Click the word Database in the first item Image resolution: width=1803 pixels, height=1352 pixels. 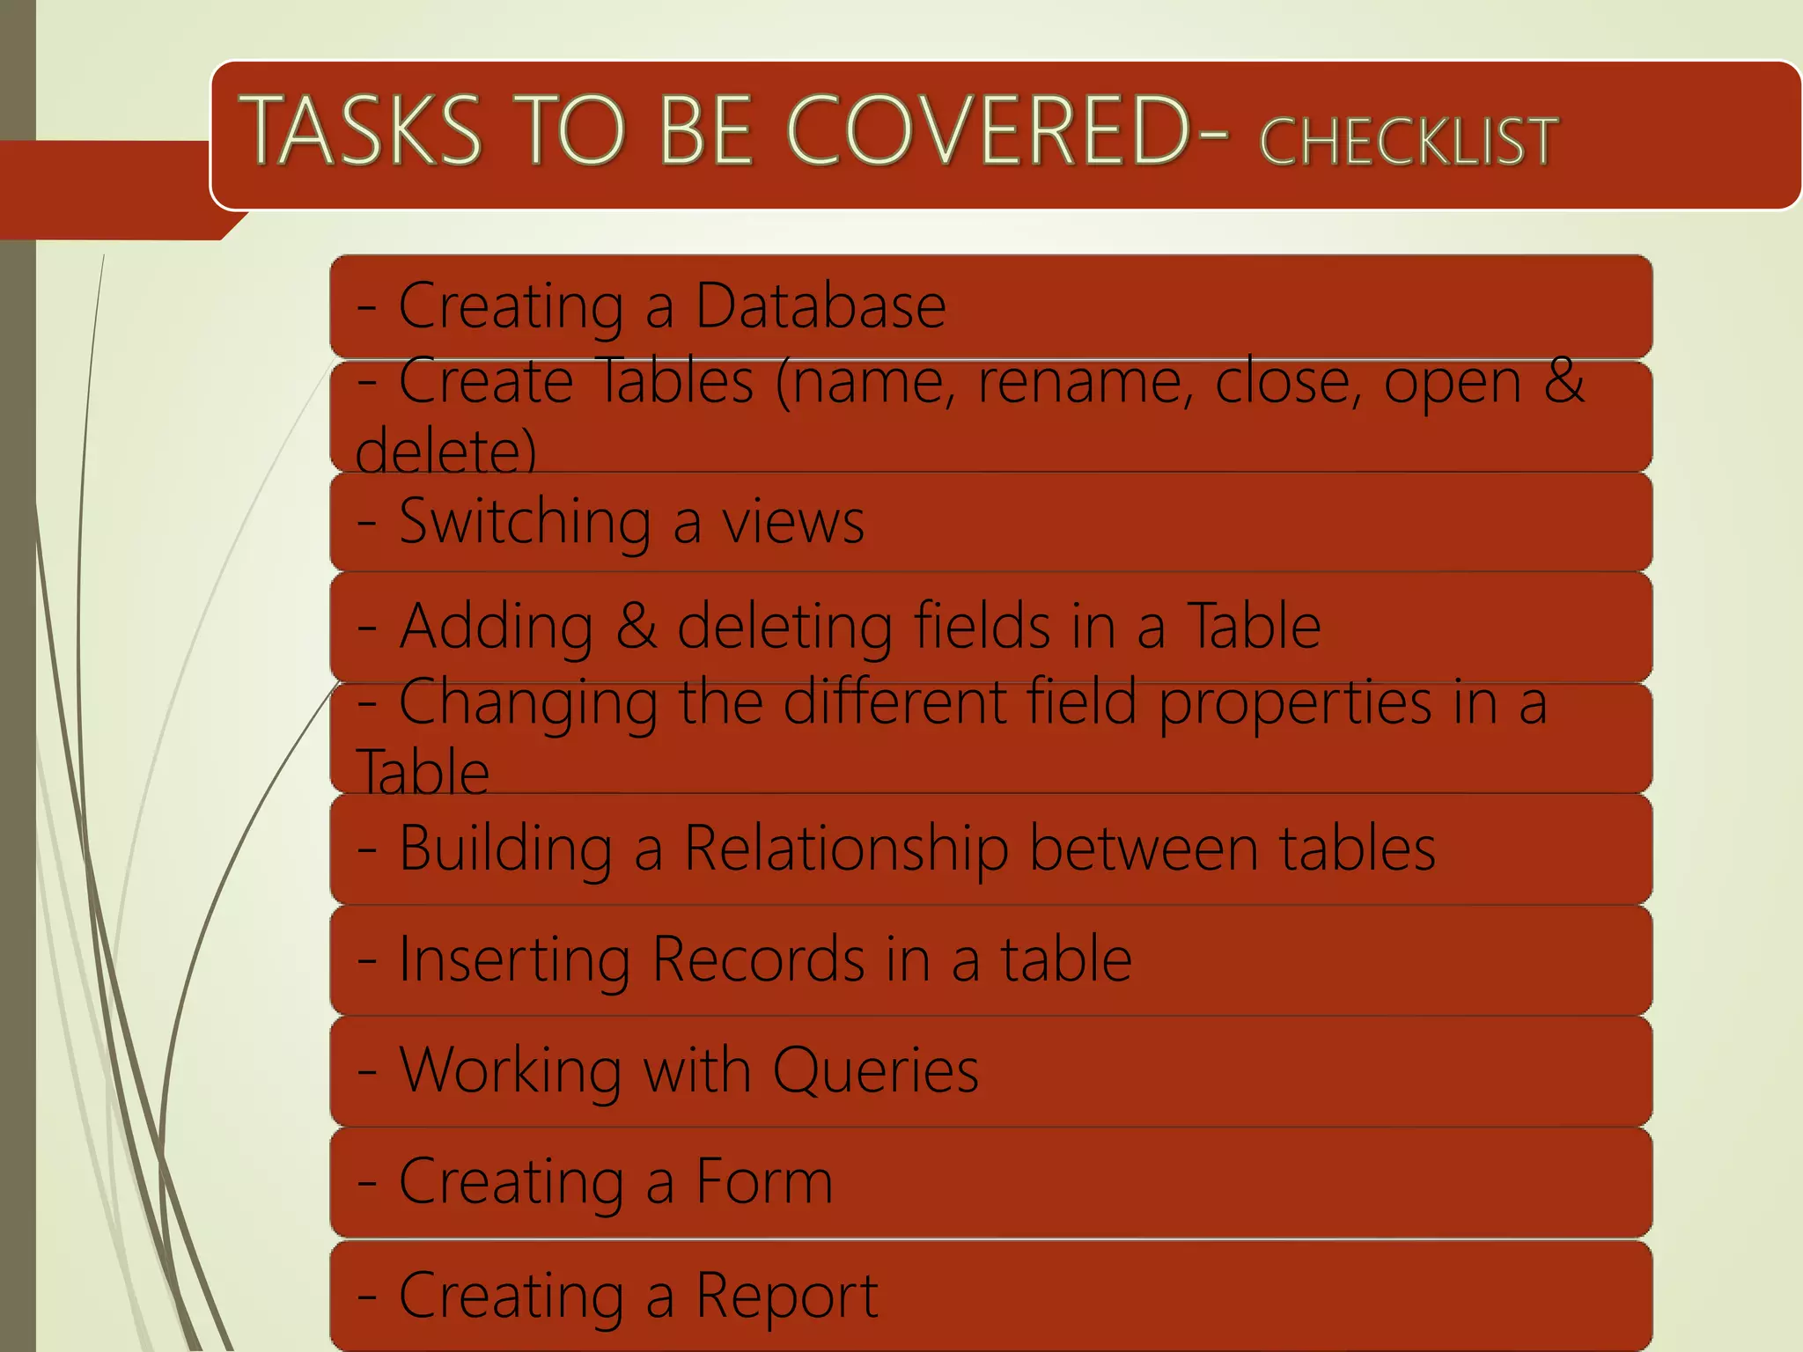(x=821, y=306)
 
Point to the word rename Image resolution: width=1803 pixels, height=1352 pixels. (x=1084, y=382)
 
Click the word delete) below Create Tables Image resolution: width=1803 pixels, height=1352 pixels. (x=445, y=451)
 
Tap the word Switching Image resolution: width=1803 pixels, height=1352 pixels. (x=525, y=522)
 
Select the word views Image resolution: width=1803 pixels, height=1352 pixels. (x=793, y=522)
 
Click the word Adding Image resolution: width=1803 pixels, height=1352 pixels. (x=497, y=627)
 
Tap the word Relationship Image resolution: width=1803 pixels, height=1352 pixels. (x=846, y=849)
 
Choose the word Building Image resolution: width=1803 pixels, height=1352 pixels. (x=505, y=849)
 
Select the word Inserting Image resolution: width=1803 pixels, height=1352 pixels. (x=514, y=959)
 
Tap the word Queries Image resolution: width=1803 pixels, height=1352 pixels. (x=875, y=1071)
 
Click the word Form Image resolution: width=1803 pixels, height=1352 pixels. (x=764, y=1181)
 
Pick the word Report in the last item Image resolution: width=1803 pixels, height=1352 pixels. (x=787, y=1296)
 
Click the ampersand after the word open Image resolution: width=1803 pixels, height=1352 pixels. (x=1564, y=382)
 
